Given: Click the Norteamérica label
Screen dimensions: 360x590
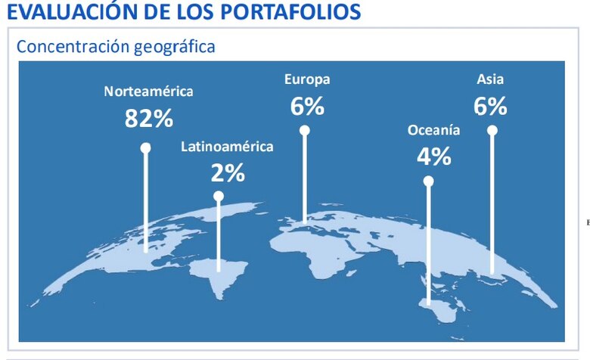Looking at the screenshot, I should coord(149,92).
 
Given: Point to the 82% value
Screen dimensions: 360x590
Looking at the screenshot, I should coord(149,118).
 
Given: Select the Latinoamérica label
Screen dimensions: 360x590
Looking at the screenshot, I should coord(227,147).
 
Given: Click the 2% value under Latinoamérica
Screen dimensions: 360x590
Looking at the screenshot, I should coord(228,173).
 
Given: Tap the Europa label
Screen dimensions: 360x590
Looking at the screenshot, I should coord(307,79).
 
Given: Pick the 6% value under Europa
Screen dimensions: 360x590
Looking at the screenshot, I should coord(307,107).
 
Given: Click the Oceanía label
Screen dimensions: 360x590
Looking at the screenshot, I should coord(433,130).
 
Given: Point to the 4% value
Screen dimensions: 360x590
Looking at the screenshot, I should coord(433,157).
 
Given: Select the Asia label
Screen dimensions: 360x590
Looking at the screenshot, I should coord(490,79).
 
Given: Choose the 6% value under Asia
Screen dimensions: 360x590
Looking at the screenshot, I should coord(490,107).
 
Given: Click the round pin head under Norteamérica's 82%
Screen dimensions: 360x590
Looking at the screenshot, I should coord(146,148).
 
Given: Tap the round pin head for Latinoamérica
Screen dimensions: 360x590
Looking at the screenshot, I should coord(219,196).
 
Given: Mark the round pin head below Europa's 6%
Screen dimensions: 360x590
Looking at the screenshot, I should coord(305,130).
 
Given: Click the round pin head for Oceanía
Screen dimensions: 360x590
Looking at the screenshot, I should coord(428,182).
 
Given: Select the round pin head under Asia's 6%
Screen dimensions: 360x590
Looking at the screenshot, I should coord(492,130).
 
